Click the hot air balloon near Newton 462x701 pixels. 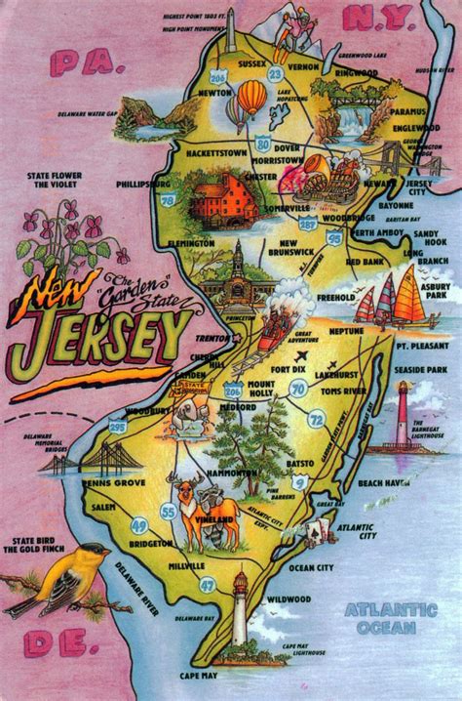click(x=250, y=100)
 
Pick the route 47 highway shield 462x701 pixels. click(x=207, y=585)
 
